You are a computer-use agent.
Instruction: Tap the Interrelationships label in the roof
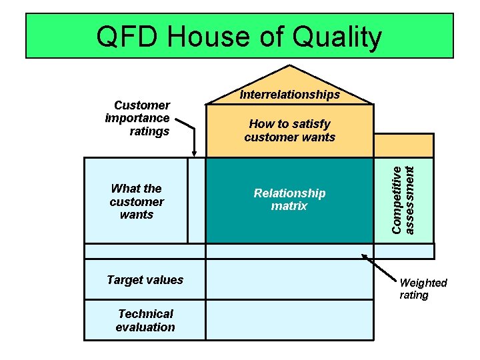290,95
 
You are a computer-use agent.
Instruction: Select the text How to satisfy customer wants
289,131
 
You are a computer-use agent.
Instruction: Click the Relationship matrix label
289,199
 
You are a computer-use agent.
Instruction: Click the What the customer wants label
137,201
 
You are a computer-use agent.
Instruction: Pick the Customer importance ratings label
139,118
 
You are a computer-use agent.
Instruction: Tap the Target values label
145,280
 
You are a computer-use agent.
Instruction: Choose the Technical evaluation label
145,321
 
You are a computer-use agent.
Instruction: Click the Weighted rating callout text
423,289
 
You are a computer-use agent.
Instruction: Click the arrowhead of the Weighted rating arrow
365,255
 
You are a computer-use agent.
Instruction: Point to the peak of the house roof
290,67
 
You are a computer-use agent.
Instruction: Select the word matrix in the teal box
289,206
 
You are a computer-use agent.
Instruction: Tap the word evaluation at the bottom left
145,327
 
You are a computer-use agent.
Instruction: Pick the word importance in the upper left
137,118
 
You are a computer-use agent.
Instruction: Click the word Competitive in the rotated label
397,199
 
